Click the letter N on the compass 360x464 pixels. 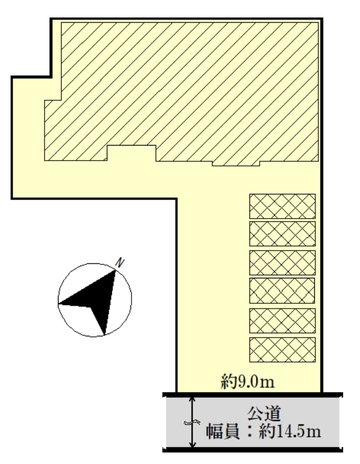click(x=119, y=263)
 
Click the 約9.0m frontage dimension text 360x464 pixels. click(x=248, y=381)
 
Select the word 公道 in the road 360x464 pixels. click(x=264, y=414)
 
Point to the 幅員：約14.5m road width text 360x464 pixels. click(x=264, y=431)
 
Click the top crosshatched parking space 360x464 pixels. click(x=282, y=206)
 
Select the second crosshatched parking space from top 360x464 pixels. click(x=282, y=234)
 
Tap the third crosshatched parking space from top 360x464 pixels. click(x=282, y=263)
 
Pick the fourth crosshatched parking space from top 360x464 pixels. click(x=282, y=291)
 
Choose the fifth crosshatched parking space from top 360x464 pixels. click(x=282, y=321)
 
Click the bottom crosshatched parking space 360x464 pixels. click(x=282, y=350)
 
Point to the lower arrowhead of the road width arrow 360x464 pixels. click(x=192, y=444)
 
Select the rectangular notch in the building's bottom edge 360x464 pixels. click(x=132, y=153)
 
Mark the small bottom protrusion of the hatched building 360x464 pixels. click(x=236, y=164)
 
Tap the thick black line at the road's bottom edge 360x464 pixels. click(x=253, y=450)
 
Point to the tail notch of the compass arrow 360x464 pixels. click(x=90, y=307)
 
